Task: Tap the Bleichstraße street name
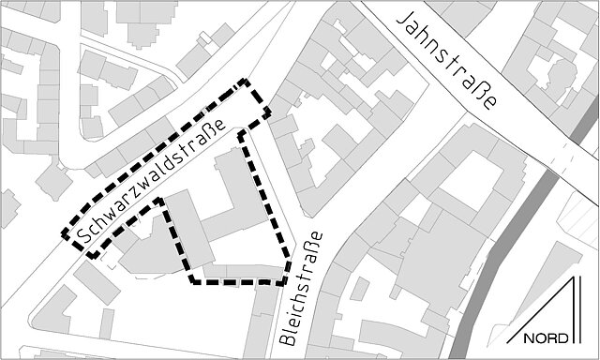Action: point(299,290)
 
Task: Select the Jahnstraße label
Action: point(447,62)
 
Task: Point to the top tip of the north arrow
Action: point(575,278)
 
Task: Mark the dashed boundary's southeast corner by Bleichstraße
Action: point(286,279)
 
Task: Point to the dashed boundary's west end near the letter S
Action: point(65,235)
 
